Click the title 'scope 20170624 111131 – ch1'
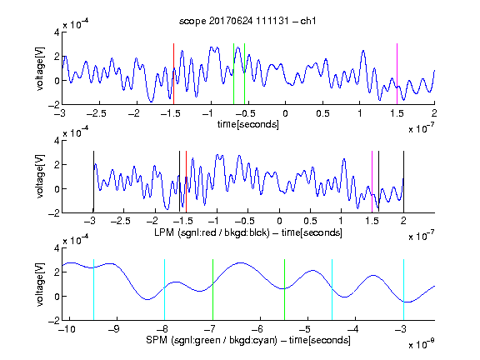pos(247,21)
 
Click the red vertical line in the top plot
pos(173,74)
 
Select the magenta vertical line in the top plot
pos(397,74)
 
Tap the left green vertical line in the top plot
pos(233,74)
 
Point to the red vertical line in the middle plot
pos(186,182)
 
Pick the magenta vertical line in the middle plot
pos(372,182)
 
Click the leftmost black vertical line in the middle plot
pos(93,182)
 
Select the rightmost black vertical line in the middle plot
pos(403,182)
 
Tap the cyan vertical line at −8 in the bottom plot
pos(165,290)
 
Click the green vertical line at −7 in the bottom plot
pos(212,290)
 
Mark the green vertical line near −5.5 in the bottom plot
pos(284,290)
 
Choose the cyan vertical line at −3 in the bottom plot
pos(403,290)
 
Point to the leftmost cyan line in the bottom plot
pos(93,290)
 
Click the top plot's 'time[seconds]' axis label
pos(248,124)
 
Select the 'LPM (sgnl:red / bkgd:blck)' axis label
pos(212,232)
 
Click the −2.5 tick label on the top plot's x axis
pos(96,113)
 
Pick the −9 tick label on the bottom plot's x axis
pos(114,329)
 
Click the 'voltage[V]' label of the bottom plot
pos(40,284)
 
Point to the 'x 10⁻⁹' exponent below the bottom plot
pos(421,344)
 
